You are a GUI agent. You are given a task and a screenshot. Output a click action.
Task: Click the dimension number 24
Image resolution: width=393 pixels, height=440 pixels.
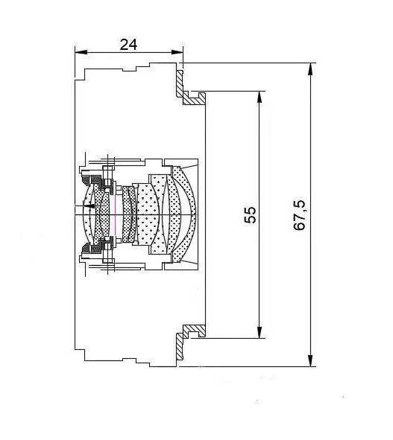coord(128,45)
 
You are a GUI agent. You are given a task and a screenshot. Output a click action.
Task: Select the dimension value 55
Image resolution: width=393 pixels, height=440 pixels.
coord(251,215)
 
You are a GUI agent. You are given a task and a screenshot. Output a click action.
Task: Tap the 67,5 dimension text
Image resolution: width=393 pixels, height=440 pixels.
coord(299,215)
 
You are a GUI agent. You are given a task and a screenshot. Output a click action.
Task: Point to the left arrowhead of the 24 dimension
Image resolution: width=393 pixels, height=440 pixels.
coord(81,52)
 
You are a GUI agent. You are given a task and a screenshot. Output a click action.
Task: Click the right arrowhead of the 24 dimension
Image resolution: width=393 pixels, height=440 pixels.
coord(177,52)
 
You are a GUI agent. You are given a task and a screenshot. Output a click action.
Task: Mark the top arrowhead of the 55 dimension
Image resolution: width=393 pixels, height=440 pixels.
coord(260,98)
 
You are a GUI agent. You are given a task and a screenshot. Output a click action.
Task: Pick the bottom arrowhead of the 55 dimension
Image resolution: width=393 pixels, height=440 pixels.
coord(260,332)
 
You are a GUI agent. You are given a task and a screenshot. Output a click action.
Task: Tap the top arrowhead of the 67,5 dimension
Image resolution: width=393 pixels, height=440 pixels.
coord(310,69)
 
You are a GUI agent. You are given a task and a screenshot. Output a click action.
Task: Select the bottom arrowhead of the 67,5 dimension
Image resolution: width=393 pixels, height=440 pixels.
coord(310,360)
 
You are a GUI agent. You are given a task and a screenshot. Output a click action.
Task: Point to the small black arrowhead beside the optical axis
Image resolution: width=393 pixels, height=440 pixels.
coord(90,206)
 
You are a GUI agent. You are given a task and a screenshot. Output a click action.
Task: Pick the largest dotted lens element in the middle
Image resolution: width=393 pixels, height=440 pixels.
coord(148,215)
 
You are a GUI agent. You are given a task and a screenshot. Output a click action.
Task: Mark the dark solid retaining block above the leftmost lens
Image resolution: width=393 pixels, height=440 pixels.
coord(92,180)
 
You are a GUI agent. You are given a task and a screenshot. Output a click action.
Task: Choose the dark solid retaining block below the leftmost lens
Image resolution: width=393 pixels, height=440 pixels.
coord(92,249)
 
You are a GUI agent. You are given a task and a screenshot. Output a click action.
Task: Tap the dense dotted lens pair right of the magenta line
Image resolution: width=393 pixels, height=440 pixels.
coord(129,214)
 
